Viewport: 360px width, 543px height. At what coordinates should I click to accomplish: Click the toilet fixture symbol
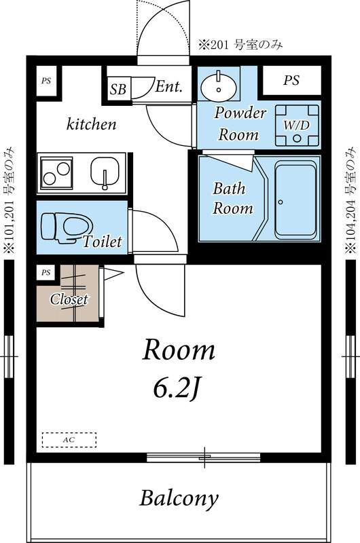pos(67,227)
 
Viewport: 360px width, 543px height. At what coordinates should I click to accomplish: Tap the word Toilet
pos(103,242)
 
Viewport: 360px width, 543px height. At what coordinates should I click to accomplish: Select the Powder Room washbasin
pos(218,86)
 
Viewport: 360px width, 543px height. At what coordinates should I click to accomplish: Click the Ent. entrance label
pos(168,86)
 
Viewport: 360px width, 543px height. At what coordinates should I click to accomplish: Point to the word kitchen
pos(92,124)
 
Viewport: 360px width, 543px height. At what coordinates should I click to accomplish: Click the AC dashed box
pos(69,440)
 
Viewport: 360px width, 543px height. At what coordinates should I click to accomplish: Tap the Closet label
pos(69,299)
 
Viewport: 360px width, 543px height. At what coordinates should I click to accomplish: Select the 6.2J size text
pos(179,388)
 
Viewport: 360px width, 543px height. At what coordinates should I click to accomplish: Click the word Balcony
pos(179,499)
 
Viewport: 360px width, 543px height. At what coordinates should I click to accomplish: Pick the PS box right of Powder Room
pos(291,81)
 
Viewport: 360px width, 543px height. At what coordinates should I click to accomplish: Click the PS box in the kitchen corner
pos(46,81)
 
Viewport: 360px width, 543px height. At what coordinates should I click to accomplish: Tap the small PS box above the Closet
pos(46,273)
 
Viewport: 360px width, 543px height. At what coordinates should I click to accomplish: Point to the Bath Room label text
pos(233,198)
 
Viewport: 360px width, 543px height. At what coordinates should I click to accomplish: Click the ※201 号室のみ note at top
pos(240,46)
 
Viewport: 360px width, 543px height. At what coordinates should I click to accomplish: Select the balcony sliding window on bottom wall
pos(206,456)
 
